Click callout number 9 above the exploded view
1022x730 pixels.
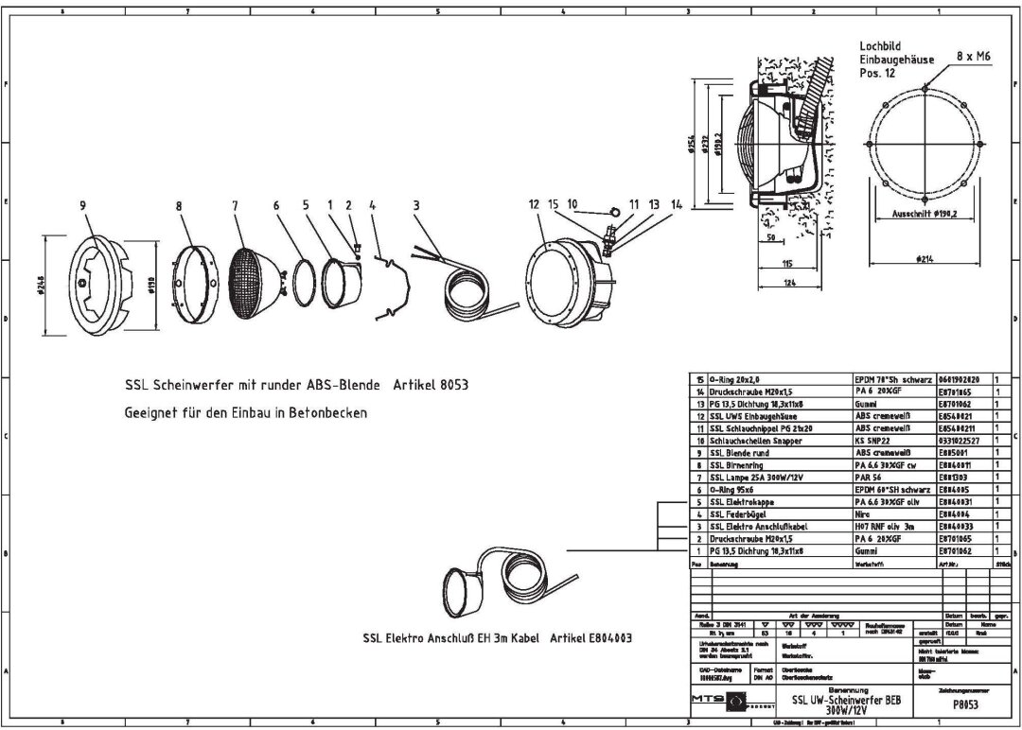(x=83, y=204)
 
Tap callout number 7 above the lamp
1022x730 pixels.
(x=235, y=204)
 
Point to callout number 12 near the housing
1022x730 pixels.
(x=534, y=204)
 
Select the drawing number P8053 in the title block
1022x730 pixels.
(x=964, y=704)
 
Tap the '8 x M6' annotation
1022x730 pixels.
(x=974, y=57)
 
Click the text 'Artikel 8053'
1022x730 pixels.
(x=429, y=385)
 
